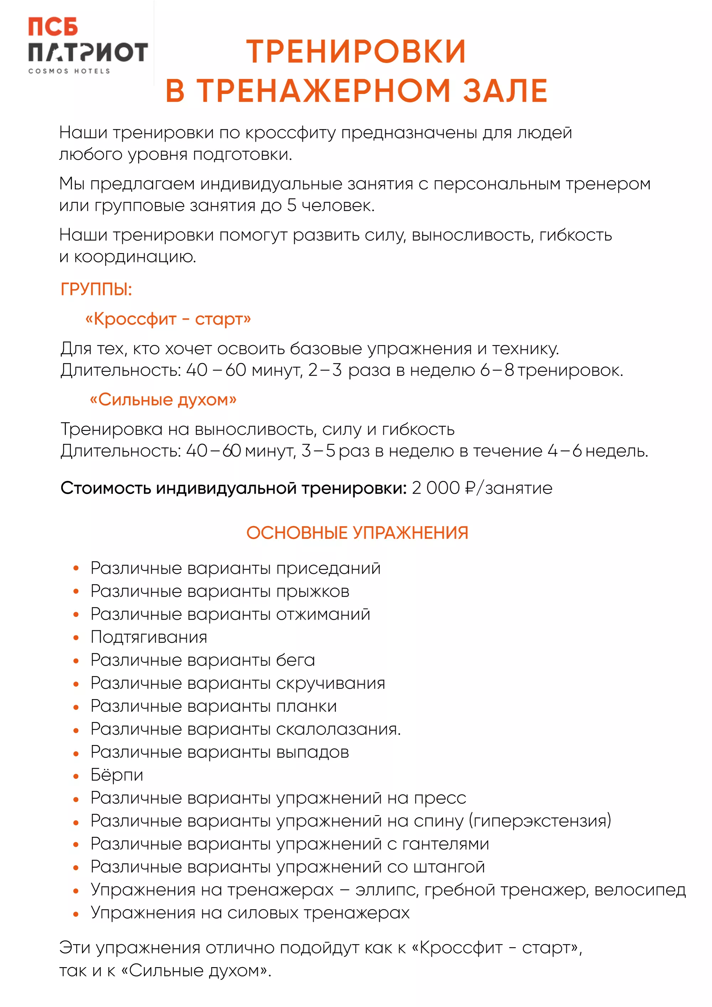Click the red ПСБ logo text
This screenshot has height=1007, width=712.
click(53, 27)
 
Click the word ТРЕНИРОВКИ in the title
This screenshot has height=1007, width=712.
click(356, 52)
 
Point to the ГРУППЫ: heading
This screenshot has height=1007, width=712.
click(96, 289)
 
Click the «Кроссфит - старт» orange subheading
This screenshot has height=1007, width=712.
click(168, 319)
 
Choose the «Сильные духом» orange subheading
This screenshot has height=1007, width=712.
click(163, 399)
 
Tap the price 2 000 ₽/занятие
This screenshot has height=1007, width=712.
click(482, 488)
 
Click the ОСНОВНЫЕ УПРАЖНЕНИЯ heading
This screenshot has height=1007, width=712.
click(357, 533)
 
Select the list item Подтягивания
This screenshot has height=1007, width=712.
click(149, 637)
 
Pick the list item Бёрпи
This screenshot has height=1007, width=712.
click(117, 775)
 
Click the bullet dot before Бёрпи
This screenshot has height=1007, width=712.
click(76, 776)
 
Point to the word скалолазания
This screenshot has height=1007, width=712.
click(338, 729)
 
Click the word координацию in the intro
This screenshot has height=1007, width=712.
click(134, 257)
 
